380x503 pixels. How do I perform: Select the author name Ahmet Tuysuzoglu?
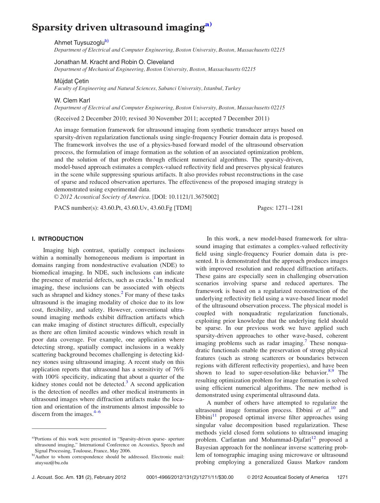(x=79, y=43)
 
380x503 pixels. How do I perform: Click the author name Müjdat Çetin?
(x=71, y=81)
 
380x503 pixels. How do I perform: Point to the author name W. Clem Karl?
(x=72, y=100)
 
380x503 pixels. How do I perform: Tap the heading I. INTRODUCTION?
(x=58, y=239)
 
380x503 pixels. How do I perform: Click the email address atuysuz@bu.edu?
(x=52, y=463)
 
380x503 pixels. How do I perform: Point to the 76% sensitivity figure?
(x=178, y=370)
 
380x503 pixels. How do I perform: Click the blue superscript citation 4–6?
(x=97, y=412)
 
